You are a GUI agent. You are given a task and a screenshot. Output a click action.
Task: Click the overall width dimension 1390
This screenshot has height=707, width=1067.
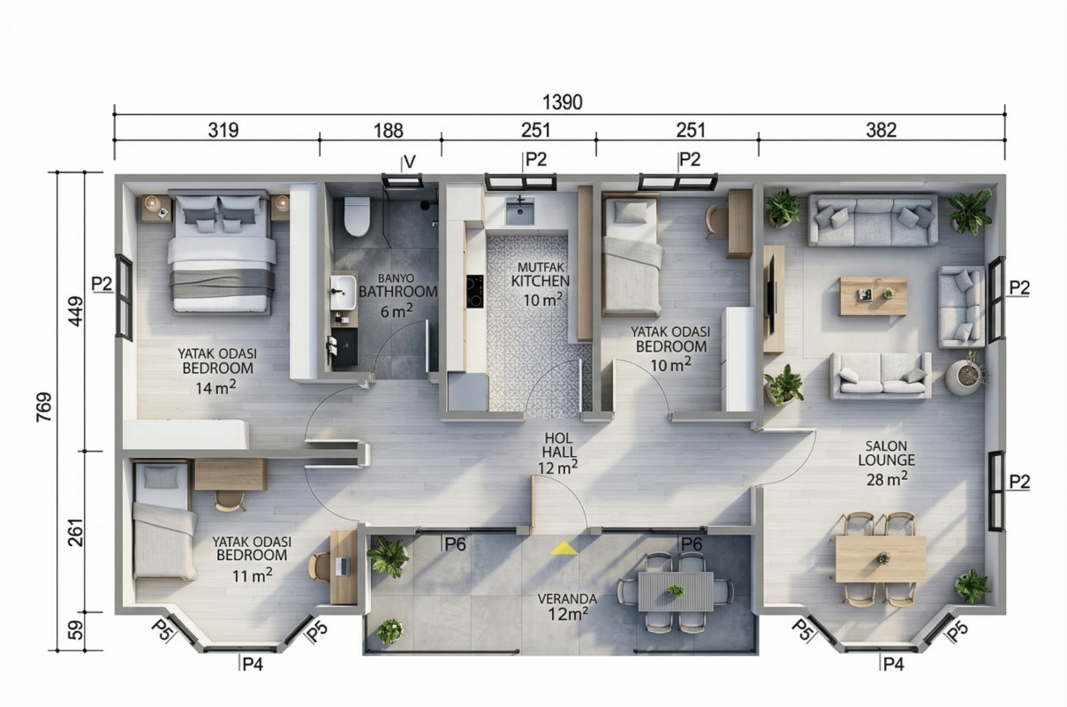[563, 102]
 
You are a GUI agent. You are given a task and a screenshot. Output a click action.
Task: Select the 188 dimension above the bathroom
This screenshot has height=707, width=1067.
[389, 130]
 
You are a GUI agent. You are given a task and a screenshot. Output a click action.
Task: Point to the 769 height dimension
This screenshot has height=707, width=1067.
[44, 407]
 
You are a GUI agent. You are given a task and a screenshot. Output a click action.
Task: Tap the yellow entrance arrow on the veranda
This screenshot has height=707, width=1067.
[564, 548]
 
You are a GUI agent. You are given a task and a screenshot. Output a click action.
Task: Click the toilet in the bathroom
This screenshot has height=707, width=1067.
[357, 217]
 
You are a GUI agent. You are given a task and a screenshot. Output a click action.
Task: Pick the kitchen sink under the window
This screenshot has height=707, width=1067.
[519, 211]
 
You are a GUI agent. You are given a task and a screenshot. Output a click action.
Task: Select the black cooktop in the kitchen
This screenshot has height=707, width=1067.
[475, 291]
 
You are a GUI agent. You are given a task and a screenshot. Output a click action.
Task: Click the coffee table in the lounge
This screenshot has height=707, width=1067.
[873, 296]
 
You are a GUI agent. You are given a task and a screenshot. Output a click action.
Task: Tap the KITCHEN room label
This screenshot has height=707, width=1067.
[541, 281]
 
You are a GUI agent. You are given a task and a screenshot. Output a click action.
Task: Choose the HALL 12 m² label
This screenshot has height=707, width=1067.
[558, 452]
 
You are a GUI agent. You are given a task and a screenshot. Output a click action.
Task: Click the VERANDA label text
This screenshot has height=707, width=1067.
[567, 599]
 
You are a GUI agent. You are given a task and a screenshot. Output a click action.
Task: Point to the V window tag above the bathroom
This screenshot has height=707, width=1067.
[409, 162]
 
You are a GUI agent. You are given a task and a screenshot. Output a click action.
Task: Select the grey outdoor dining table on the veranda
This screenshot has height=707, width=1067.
[676, 591]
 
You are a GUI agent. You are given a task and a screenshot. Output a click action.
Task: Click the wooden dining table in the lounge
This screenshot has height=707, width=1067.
[881, 559]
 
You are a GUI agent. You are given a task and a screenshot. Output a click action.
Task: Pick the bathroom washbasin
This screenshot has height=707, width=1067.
[343, 292]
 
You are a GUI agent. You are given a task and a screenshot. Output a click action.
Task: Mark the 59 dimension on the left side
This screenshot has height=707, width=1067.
[75, 630]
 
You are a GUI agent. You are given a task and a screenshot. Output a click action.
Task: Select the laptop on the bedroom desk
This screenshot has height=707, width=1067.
[342, 566]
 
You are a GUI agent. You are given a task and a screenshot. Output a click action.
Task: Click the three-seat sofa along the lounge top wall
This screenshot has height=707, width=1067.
[873, 220]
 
